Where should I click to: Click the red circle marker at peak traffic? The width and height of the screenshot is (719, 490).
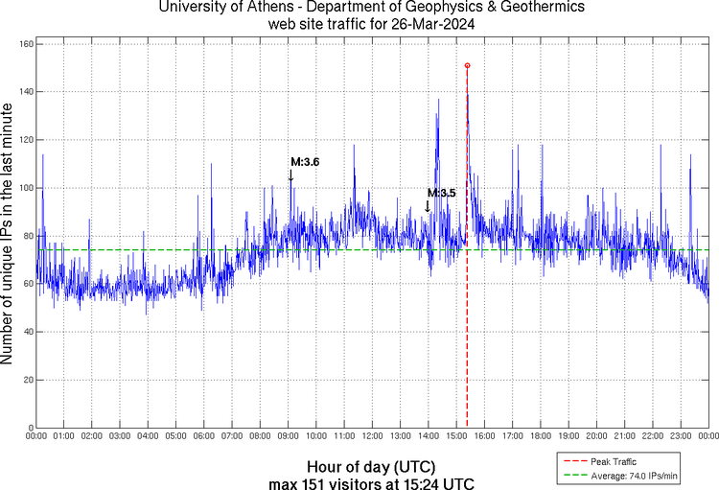click(467, 65)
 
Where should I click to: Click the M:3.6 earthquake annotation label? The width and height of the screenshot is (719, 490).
click(304, 162)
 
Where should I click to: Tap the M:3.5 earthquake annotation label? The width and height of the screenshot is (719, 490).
click(441, 193)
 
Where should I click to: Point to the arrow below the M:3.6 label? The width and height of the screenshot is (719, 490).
click(290, 175)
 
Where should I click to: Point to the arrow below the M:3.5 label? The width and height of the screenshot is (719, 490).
click(428, 205)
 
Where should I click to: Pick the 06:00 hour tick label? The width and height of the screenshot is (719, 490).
click(204, 436)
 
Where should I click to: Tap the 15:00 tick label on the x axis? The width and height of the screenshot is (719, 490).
click(456, 436)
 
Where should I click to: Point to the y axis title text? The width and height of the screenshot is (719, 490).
click(9, 235)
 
